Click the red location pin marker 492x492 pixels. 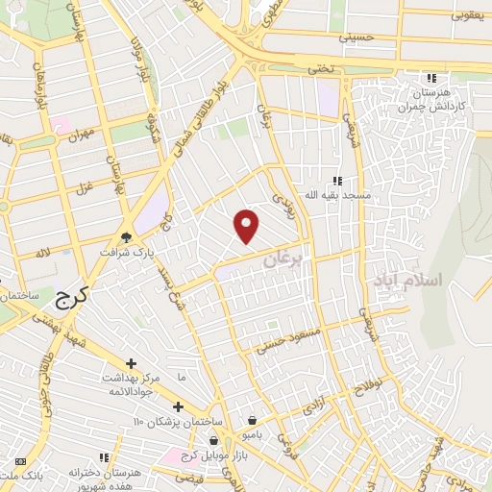coord(247,226)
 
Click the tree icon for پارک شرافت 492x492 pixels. coord(126,238)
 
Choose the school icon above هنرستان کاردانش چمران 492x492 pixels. coord(431,78)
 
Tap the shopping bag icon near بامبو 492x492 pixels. coord(252,420)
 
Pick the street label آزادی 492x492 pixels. coord(314,406)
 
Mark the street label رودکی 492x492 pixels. coord(280,199)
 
